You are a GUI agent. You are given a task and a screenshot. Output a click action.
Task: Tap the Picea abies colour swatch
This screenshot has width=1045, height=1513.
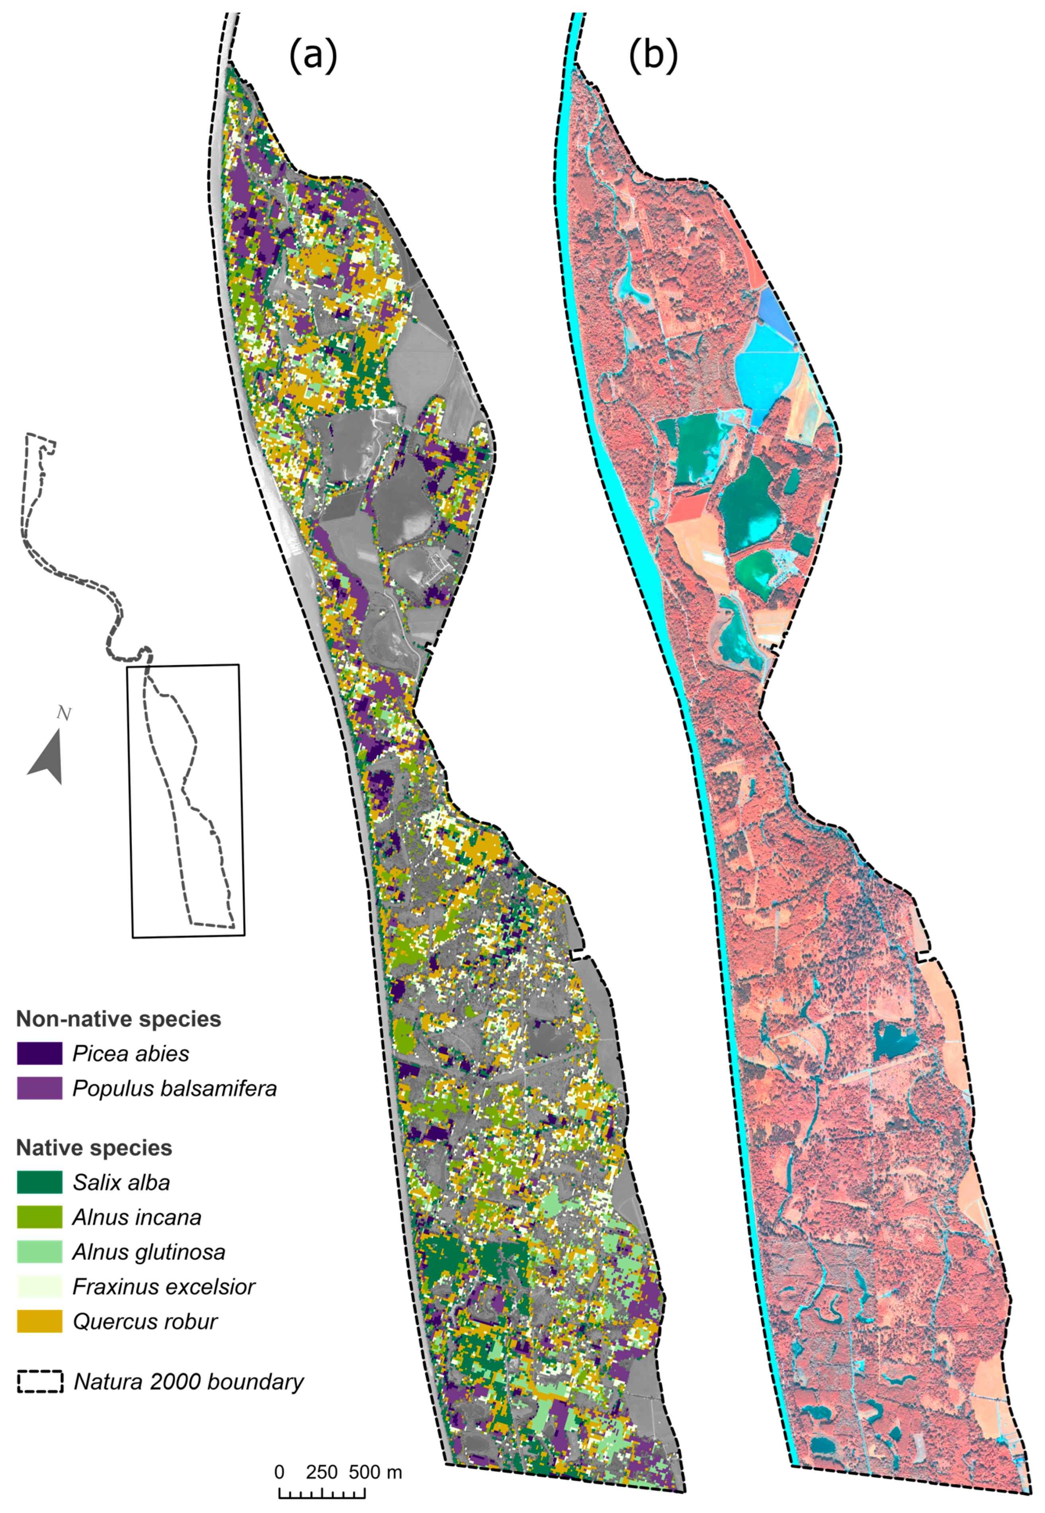click(39, 1053)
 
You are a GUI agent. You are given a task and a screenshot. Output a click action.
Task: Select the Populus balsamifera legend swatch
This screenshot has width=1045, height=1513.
click(39, 1088)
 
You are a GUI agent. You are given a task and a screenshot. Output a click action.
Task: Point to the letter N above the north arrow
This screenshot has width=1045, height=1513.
click(64, 713)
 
